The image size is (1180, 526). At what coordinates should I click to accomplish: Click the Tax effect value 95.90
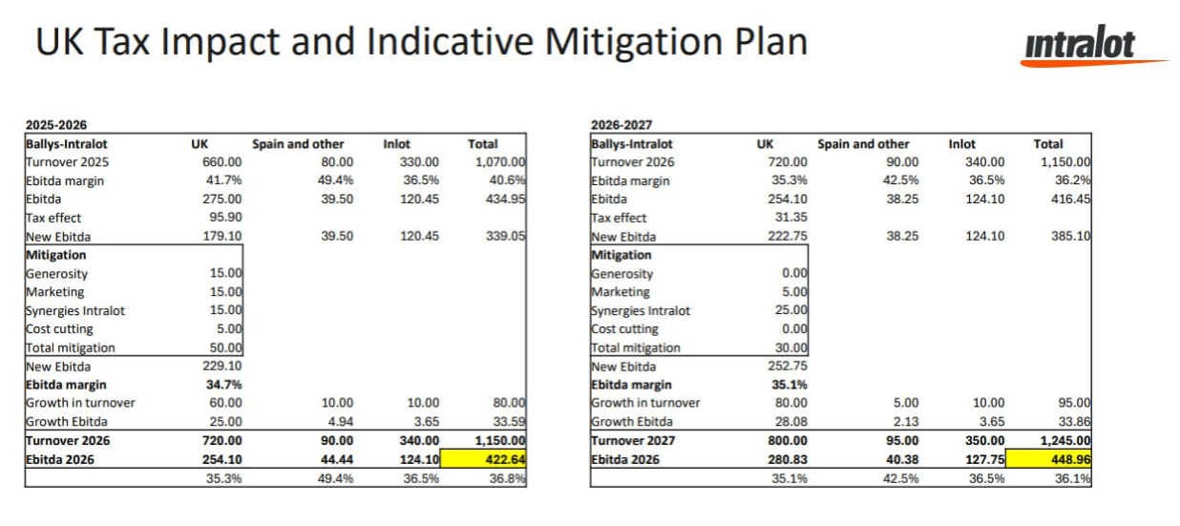click(224, 218)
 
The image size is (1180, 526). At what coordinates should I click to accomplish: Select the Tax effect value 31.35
click(790, 218)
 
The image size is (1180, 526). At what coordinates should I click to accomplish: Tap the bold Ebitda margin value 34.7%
click(222, 385)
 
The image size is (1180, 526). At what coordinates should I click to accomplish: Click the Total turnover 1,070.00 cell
click(499, 162)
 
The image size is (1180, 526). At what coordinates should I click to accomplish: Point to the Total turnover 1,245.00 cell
click(1064, 440)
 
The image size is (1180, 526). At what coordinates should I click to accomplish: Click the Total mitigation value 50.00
click(225, 347)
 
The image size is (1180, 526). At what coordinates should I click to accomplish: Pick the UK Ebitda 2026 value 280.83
click(787, 459)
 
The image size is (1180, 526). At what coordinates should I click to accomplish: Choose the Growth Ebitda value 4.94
click(336, 422)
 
